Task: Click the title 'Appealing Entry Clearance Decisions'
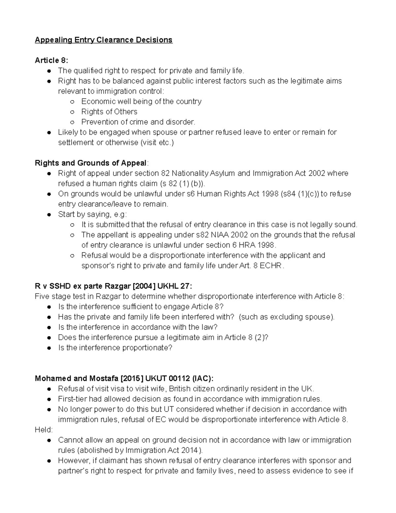click(x=104, y=40)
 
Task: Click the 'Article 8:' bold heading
click(x=51, y=60)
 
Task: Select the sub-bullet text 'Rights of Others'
click(x=109, y=112)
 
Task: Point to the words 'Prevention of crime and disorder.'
click(x=138, y=122)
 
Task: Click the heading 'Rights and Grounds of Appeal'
click(x=91, y=163)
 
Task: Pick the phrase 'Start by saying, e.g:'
click(x=92, y=214)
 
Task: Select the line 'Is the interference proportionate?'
click(x=115, y=348)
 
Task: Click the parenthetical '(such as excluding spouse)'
click(x=286, y=317)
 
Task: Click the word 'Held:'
click(x=44, y=430)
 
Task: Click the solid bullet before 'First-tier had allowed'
click(x=49, y=399)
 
